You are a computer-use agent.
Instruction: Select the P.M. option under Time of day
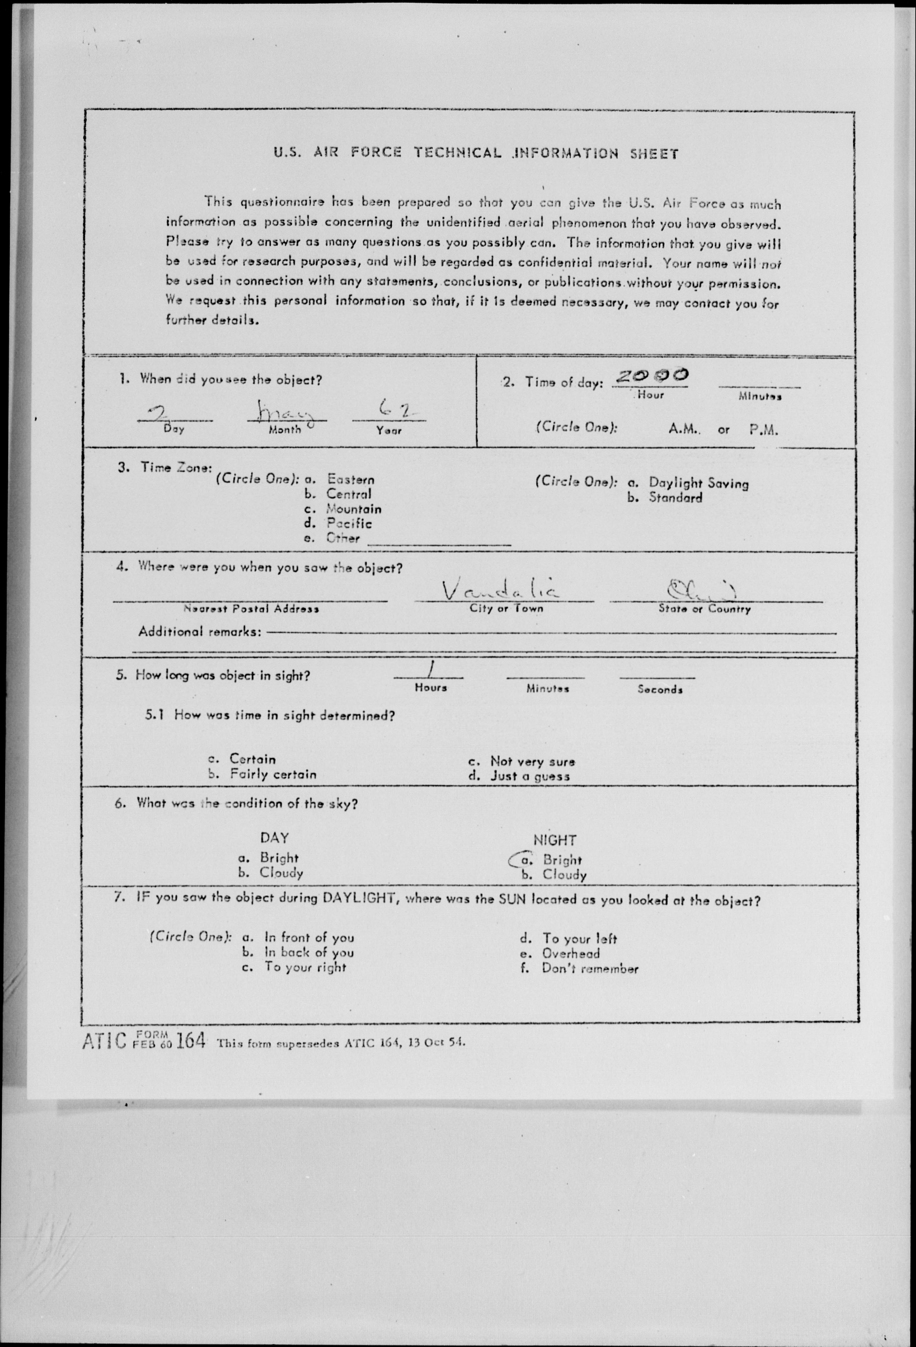click(763, 430)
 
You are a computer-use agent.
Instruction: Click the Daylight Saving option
click(698, 483)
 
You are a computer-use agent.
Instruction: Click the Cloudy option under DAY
click(281, 872)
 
